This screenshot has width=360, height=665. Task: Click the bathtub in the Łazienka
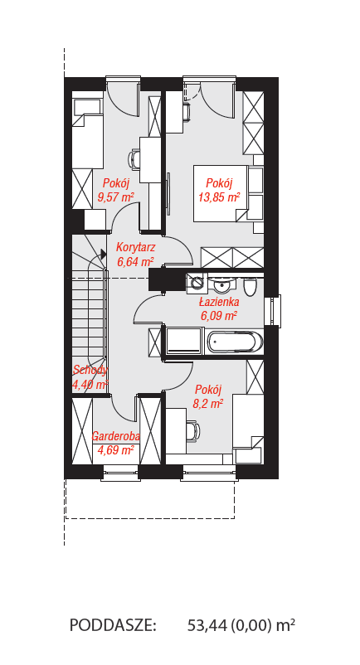click(x=235, y=342)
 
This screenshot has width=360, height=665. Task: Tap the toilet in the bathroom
click(x=249, y=287)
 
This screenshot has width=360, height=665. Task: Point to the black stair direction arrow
click(x=103, y=254)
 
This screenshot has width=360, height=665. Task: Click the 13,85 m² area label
click(x=219, y=197)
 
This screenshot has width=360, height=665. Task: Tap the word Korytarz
click(x=136, y=247)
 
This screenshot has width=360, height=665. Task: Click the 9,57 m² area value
click(x=116, y=197)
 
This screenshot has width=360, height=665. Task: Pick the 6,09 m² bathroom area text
click(x=218, y=316)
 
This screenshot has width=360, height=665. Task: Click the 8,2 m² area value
click(x=208, y=403)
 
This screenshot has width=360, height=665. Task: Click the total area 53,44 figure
click(x=207, y=625)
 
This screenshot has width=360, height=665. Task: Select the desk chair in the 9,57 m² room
click(x=134, y=159)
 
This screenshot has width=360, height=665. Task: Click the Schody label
click(x=90, y=371)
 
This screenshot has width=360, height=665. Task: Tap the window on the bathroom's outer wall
click(x=272, y=310)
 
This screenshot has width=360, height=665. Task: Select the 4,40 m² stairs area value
click(x=90, y=385)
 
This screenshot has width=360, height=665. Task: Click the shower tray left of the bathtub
click(x=184, y=340)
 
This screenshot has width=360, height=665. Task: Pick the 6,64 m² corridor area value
click(x=136, y=261)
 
